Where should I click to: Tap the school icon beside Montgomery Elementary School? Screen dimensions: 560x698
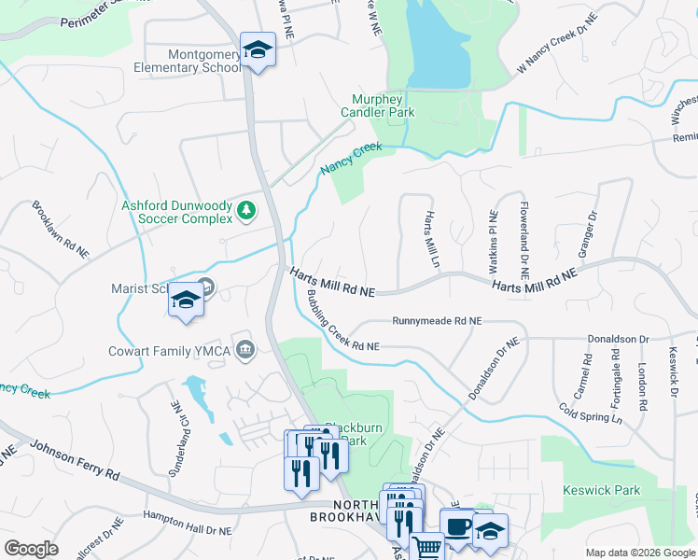point(257,51)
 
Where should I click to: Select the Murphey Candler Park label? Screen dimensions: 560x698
point(384,105)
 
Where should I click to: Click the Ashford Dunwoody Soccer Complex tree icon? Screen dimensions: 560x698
point(246,210)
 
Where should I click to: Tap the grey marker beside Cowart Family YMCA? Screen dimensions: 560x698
point(245,350)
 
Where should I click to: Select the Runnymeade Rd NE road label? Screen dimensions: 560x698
point(437,320)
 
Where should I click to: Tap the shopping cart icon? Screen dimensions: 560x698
point(427,547)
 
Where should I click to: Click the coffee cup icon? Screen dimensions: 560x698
point(458,526)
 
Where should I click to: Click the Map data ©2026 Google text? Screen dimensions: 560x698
point(639,553)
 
